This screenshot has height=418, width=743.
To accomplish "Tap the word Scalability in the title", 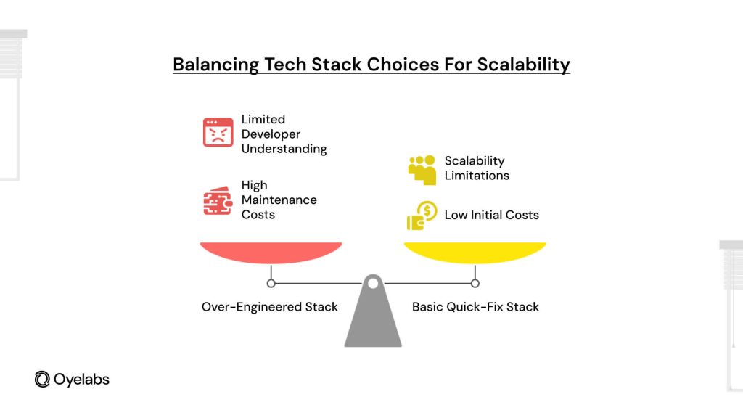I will (523, 65).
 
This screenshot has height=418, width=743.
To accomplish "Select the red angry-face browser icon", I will (218, 133).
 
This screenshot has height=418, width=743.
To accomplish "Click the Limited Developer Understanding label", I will (284, 134).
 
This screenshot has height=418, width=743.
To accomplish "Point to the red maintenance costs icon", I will (218, 201).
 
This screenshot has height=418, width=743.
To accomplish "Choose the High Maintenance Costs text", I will (279, 200).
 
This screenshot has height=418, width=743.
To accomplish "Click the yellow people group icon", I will (422, 169).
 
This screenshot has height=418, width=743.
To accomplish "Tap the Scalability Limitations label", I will (476, 168).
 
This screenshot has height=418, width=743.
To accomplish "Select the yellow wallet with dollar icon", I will (422, 216).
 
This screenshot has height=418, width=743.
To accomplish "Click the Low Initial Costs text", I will (491, 215).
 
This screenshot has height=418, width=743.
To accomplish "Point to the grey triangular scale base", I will (372, 319).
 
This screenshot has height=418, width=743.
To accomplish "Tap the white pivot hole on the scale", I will (372, 283).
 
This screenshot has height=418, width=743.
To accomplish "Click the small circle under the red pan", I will (271, 283).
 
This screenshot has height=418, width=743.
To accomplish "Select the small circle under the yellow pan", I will (475, 283).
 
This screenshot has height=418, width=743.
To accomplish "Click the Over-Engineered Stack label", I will (269, 307).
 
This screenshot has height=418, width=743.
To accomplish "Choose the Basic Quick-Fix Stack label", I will (475, 307).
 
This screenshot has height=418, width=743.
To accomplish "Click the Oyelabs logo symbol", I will (42, 379).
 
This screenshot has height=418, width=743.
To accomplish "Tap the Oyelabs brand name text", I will (81, 379).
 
